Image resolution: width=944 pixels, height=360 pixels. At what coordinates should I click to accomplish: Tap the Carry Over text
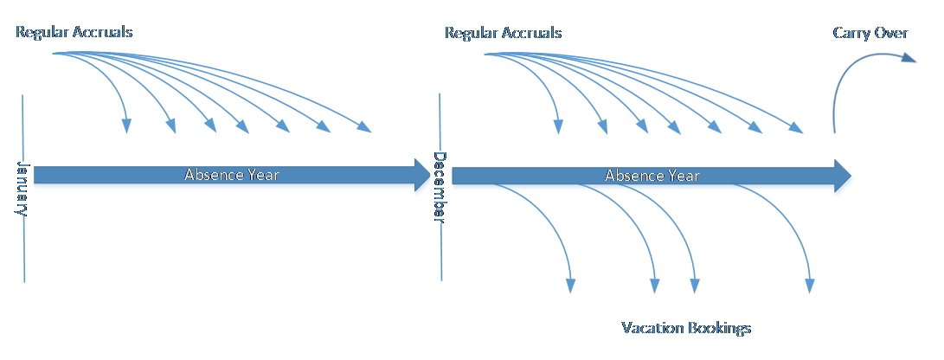[x=870, y=33]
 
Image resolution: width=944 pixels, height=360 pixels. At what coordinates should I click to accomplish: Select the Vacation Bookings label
[x=686, y=328]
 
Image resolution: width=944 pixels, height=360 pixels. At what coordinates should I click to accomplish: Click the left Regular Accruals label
[x=74, y=33]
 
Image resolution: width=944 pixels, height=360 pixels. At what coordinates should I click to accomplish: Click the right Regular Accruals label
[x=503, y=33]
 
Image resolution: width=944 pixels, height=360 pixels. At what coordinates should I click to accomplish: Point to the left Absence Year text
[x=232, y=174]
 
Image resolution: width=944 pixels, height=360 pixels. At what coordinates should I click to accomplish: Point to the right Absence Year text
[x=652, y=176]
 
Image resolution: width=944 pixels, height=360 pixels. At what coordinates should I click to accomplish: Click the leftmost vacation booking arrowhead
[x=571, y=286]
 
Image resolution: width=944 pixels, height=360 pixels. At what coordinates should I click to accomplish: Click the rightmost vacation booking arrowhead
[x=811, y=286]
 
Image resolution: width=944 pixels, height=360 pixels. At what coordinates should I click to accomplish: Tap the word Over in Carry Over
[x=891, y=33]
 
